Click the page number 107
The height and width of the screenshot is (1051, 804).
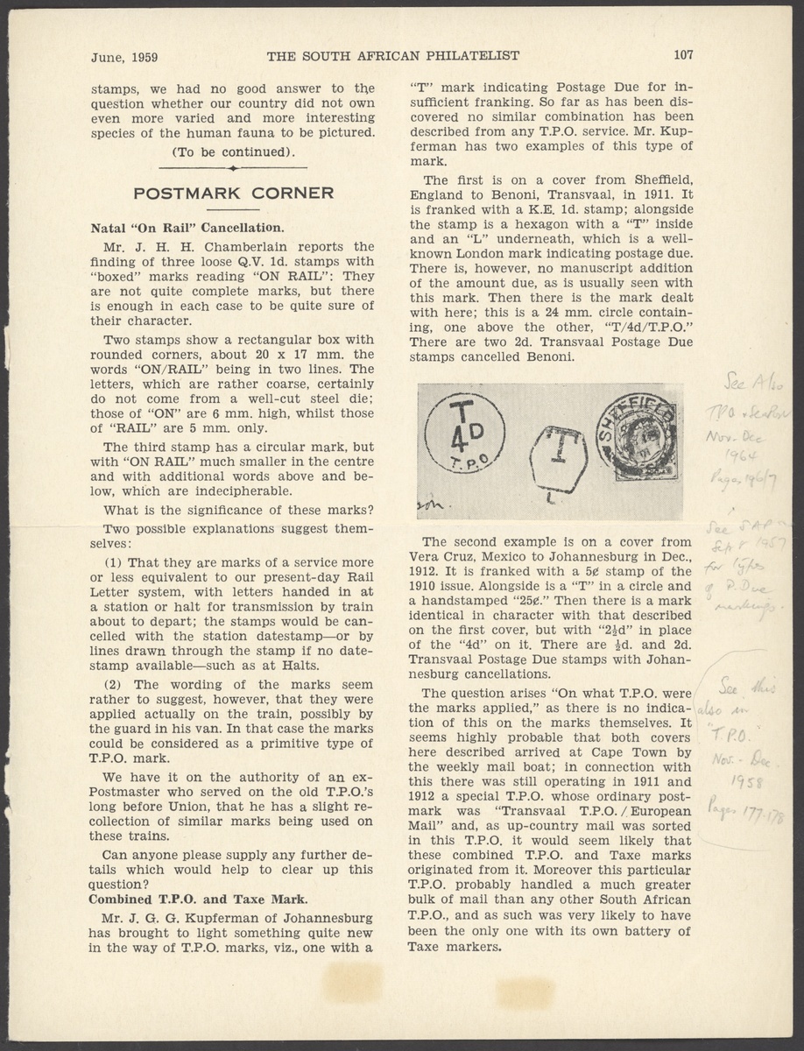(x=683, y=55)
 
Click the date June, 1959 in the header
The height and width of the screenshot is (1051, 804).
(x=124, y=57)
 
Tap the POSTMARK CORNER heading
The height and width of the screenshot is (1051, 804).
(x=232, y=193)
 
